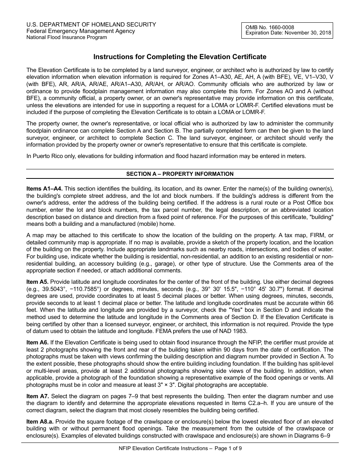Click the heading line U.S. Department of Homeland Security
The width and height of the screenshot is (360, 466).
pyautogui.click(x=91, y=25)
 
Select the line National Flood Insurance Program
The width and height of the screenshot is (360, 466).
pyautogui.click(x=66, y=37)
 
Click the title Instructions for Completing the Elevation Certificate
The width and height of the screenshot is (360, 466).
pyautogui.click(x=180, y=57)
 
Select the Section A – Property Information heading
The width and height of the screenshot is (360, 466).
pyautogui.click(x=180, y=174)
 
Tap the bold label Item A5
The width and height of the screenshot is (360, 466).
pyautogui.click(x=38, y=282)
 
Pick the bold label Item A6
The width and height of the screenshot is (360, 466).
pyautogui.click(x=38, y=342)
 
